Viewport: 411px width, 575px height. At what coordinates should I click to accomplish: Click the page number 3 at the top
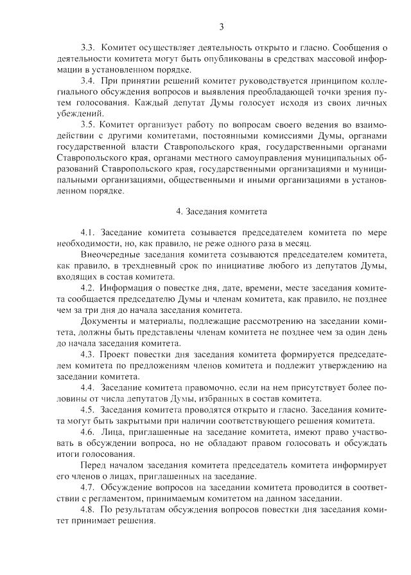click(222, 27)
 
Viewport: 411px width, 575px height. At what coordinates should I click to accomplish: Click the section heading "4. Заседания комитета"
click(222, 211)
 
